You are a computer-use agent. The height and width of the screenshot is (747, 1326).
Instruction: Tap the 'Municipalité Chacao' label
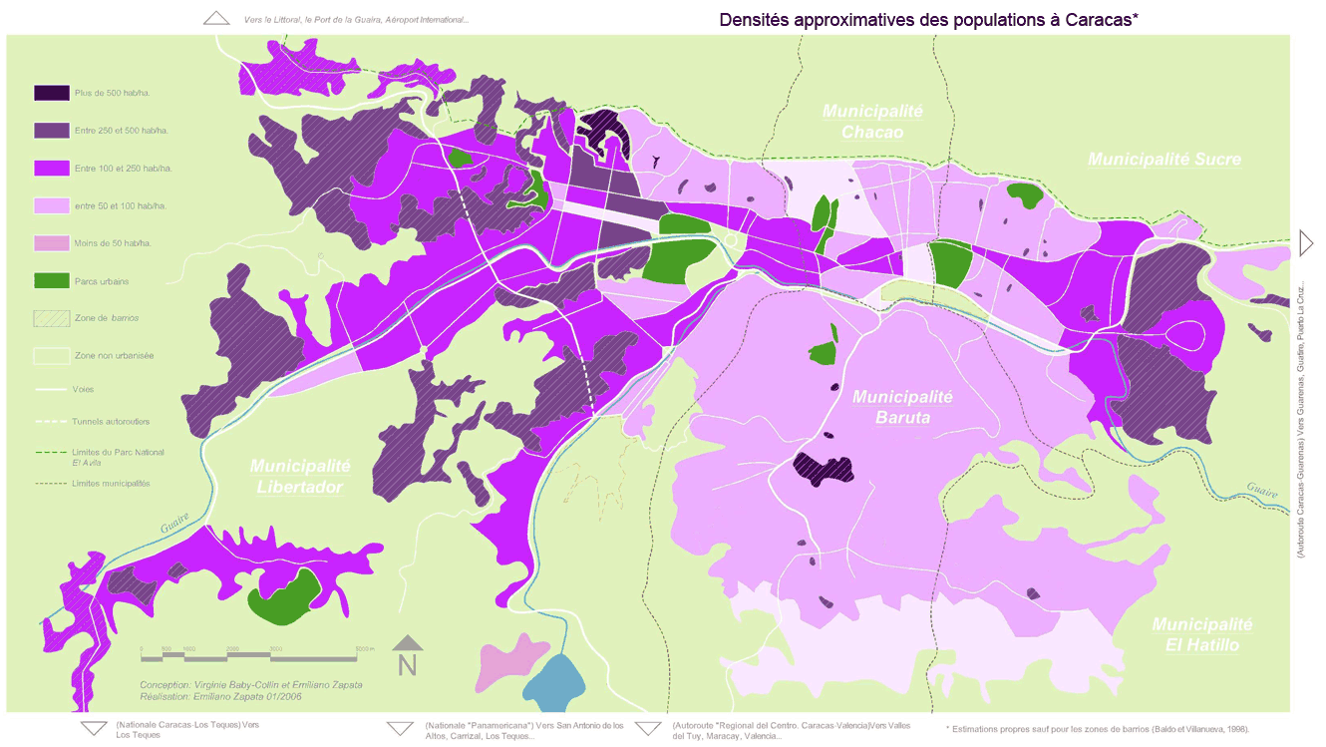click(x=872, y=122)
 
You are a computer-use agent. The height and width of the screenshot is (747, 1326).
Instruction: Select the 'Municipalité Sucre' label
click(x=1163, y=160)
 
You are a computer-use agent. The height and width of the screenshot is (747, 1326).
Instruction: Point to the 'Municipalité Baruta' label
click(x=903, y=407)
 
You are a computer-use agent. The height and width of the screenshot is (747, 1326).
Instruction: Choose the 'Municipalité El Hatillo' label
click(x=1201, y=634)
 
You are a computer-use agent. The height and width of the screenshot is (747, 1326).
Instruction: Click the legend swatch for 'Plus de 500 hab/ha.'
click(x=51, y=93)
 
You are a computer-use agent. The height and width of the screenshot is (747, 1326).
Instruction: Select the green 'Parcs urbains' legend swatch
click(x=51, y=281)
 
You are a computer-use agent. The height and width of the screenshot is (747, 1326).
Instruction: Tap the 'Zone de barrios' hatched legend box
click(x=51, y=317)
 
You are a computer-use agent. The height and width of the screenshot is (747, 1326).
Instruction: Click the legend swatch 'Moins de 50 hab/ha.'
click(x=51, y=243)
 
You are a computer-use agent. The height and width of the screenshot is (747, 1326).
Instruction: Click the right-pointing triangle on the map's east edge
click(x=1307, y=241)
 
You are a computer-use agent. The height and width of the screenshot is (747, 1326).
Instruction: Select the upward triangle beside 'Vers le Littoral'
click(x=216, y=18)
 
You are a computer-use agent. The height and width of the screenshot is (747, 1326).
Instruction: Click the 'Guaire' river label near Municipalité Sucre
click(x=1260, y=489)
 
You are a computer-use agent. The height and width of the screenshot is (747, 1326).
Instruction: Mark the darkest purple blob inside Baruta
click(x=824, y=468)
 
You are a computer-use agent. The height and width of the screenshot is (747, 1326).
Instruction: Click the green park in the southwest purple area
click(x=284, y=602)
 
